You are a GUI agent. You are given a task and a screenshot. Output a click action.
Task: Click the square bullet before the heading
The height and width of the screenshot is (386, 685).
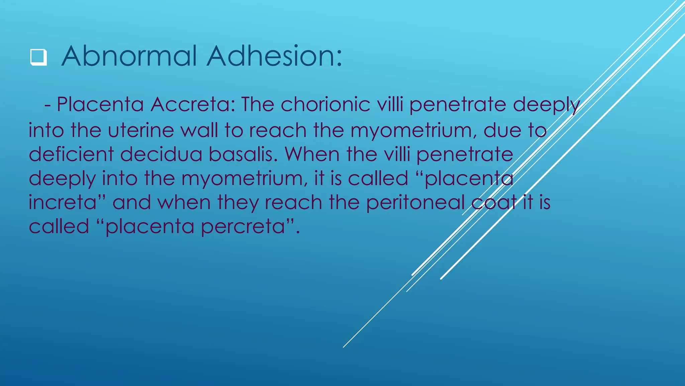point(38,57)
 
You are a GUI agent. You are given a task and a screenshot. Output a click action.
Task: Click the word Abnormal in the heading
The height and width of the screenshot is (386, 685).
point(129,56)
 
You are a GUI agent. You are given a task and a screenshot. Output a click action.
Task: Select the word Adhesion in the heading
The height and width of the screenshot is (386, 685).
point(274,56)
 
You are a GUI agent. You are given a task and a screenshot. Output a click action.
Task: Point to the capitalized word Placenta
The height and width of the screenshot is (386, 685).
point(100,104)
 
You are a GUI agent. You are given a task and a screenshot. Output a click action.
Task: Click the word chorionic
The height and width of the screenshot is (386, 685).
point(325,104)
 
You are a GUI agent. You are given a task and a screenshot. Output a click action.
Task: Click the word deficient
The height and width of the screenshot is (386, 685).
point(71,154)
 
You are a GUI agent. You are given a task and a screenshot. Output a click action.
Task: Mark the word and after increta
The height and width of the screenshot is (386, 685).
point(131,202)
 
